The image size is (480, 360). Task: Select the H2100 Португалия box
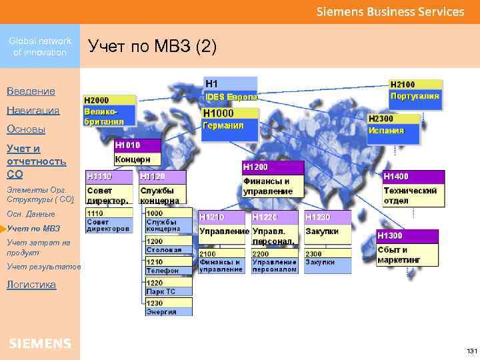pyautogui.click(x=415, y=90)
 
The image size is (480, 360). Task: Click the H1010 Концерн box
pyautogui.click(x=137, y=153)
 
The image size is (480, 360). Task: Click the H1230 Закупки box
pyautogui.click(x=327, y=225)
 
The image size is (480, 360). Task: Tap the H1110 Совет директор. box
pyautogui.click(x=109, y=188)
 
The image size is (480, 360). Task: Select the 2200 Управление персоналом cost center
pyautogui.click(x=275, y=262)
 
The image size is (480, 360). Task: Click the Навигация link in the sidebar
pyautogui.click(x=33, y=111)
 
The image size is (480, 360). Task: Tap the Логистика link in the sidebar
pyautogui.click(x=31, y=285)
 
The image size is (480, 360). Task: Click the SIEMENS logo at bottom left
pyautogui.click(x=40, y=343)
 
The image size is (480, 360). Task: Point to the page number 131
pyautogui.click(x=471, y=351)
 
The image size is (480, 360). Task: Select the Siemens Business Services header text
pyautogui.click(x=389, y=12)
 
